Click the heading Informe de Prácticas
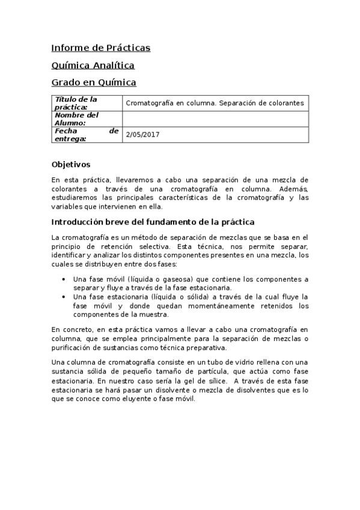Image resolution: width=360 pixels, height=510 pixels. [x=100, y=48]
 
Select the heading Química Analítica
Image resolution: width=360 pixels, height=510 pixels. [x=93, y=65]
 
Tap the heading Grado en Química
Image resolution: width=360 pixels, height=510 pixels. [x=94, y=82]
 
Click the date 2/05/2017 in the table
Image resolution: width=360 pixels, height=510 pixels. [x=142, y=135]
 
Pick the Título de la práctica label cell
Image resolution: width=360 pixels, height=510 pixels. [x=86, y=103]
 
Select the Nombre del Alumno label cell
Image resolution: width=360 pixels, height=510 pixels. [x=86, y=118]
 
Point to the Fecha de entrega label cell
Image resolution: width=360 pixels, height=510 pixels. [x=86, y=135]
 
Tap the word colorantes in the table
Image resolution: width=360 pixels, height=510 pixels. [x=285, y=103]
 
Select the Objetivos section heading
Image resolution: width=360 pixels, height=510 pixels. [x=70, y=164]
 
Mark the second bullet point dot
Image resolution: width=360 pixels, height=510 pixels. [x=64, y=297]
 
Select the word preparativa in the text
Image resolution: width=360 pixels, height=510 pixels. [x=206, y=348]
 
